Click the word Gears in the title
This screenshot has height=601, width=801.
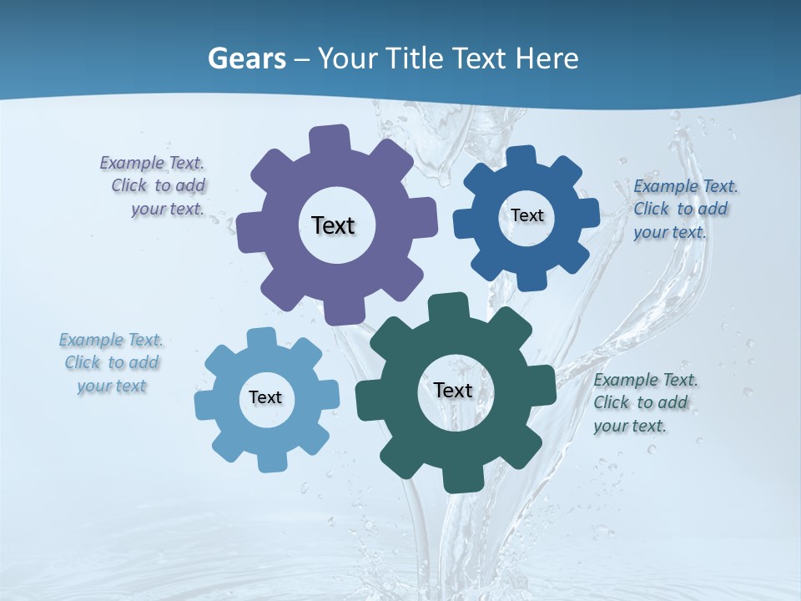click(x=244, y=58)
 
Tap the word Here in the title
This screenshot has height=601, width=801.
click(x=547, y=58)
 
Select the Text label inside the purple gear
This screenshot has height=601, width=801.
click(x=333, y=225)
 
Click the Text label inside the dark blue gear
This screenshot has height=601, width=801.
click(x=526, y=215)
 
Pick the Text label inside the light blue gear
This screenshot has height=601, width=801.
click(x=264, y=397)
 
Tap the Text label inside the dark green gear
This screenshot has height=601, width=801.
click(x=453, y=390)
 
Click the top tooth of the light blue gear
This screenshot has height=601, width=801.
click(x=261, y=336)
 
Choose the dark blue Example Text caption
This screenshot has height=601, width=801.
click(x=685, y=209)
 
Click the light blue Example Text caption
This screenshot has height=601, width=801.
click(x=112, y=362)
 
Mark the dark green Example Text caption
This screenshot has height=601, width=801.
click(x=645, y=402)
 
